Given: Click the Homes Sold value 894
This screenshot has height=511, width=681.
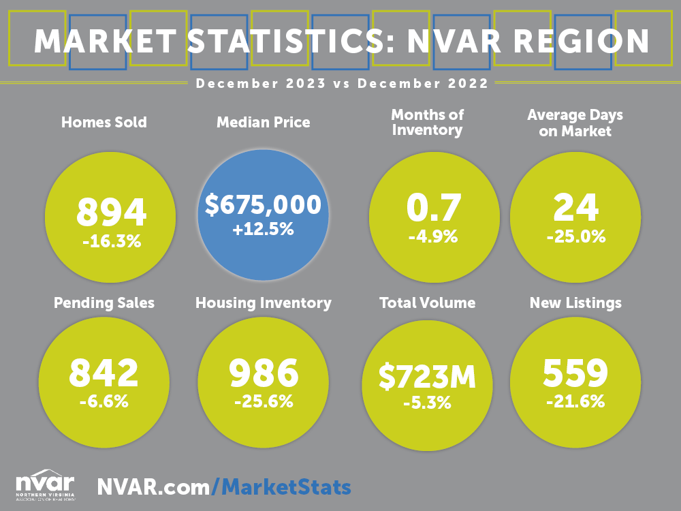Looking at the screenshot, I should [111, 212].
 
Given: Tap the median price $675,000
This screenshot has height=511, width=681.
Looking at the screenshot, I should [263, 204].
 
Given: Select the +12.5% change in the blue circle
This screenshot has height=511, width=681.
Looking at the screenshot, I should [263, 230].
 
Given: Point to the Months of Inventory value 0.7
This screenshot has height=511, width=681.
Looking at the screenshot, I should [434, 208].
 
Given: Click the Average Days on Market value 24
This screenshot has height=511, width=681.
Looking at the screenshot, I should [575, 208].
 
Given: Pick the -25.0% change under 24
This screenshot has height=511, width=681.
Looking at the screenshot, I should [575, 236].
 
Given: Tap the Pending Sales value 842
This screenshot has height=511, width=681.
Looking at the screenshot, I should [104, 373].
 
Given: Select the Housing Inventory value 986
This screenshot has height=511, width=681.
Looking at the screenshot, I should [264, 373].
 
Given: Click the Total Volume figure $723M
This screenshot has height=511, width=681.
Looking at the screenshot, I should [427, 377].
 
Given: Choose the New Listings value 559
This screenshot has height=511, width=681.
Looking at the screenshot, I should [575, 373].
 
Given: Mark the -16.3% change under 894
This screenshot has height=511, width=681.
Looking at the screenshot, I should [111, 240].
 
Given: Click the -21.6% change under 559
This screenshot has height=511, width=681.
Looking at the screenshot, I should [575, 401].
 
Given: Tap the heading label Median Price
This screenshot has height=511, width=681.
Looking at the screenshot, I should [263, 123].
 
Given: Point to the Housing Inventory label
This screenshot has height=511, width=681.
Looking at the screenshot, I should [264, 303].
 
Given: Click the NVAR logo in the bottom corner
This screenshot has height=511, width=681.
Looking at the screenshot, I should [45, 483].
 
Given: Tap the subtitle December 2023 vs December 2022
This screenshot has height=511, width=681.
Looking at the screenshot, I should [341, 84].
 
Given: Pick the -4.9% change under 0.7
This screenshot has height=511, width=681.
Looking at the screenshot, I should [434, 237].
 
